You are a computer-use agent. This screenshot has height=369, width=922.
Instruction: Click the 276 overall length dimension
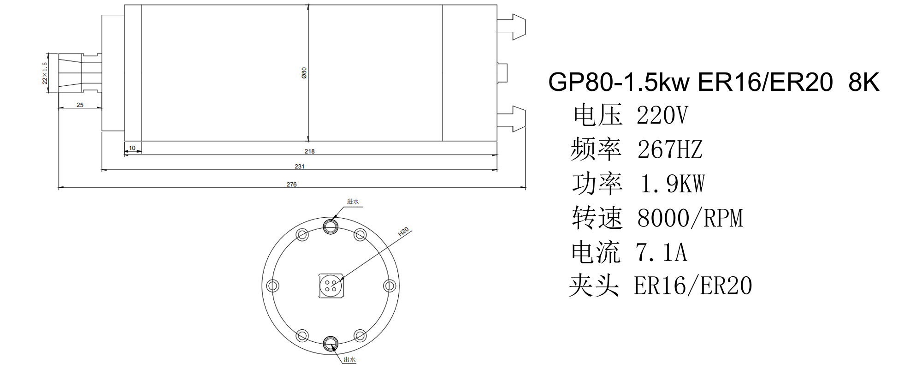[292, 184]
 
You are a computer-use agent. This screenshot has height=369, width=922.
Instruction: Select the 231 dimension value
[300, 167]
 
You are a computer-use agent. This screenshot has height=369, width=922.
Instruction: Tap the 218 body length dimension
[310, 151]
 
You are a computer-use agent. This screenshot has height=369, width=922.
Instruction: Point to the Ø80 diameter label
[304, 73]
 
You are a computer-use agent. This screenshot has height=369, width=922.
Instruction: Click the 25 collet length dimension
[80, 105]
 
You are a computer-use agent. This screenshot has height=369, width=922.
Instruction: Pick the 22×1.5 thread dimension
[45, 73]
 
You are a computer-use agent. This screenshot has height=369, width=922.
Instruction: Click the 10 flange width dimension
[132, 148]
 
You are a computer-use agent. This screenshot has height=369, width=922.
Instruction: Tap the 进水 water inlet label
[353, 202]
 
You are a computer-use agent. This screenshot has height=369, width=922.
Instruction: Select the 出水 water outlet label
[350, 360]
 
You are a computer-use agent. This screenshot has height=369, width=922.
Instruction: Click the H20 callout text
[404, 232]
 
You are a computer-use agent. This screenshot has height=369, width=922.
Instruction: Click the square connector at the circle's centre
[331, 286]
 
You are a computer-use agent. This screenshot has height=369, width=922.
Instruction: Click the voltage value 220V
[662, 115]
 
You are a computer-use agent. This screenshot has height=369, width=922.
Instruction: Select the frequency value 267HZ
[670, 149]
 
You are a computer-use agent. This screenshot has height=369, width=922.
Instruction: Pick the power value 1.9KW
[673, 184]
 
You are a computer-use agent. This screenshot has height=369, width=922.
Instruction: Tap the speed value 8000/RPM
[690, 218]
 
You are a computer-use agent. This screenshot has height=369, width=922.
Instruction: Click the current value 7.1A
[662, 252]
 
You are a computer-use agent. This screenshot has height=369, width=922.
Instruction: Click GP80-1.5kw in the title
[619, 83]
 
